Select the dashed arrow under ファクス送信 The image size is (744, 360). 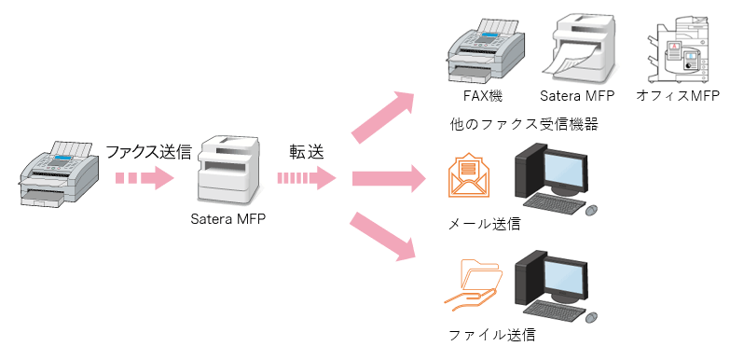click(x=145, y=178)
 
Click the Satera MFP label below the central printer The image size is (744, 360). click(x=228, y=221)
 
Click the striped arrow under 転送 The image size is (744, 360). click(x=306, y=178)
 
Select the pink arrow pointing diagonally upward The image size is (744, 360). click(x=383, y=117)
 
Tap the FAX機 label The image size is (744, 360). click(x=482, y=96)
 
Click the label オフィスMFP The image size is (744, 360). click(x=678, y=96)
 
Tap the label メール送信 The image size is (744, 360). click(x=484, y=224)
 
